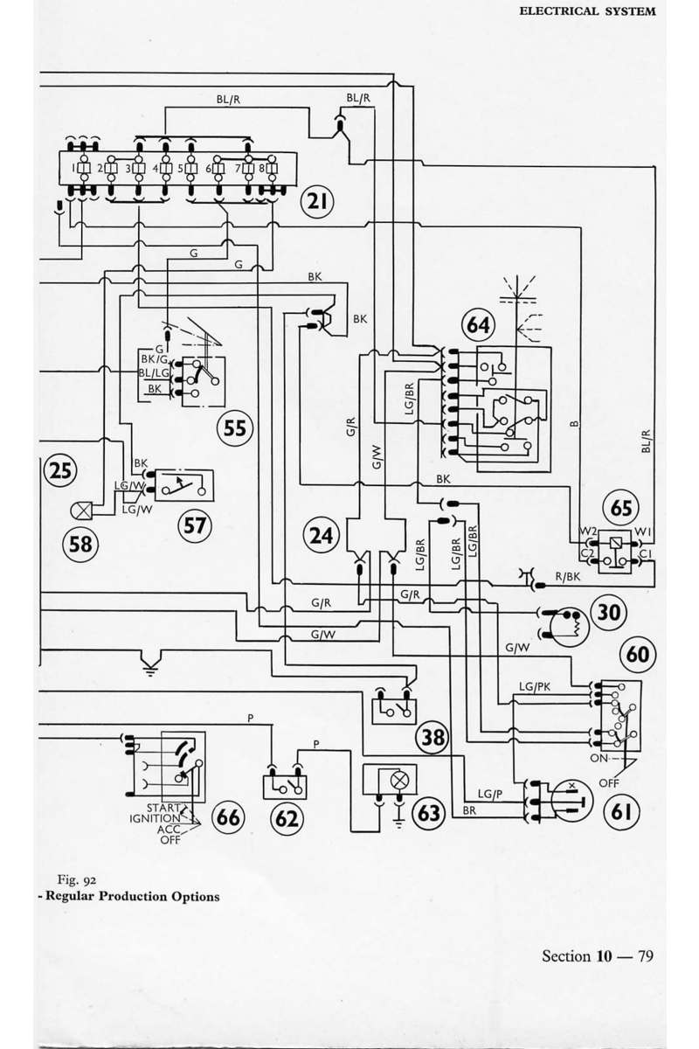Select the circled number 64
[478, 324]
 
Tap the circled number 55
[234, 428]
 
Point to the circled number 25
[60, 470]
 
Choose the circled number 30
[609, 612]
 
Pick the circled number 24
[322, 535]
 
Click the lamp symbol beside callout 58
[81, 511]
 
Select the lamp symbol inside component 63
[399, 780]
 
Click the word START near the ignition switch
[163, 808]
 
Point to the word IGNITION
[155, 818]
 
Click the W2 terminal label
[587, 531]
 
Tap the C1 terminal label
[645, 554]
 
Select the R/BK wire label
[567, 576]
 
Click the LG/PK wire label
[535, 686]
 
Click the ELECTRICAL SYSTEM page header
[587, 11]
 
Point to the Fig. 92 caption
[77, 880]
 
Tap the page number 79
[646, 955]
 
